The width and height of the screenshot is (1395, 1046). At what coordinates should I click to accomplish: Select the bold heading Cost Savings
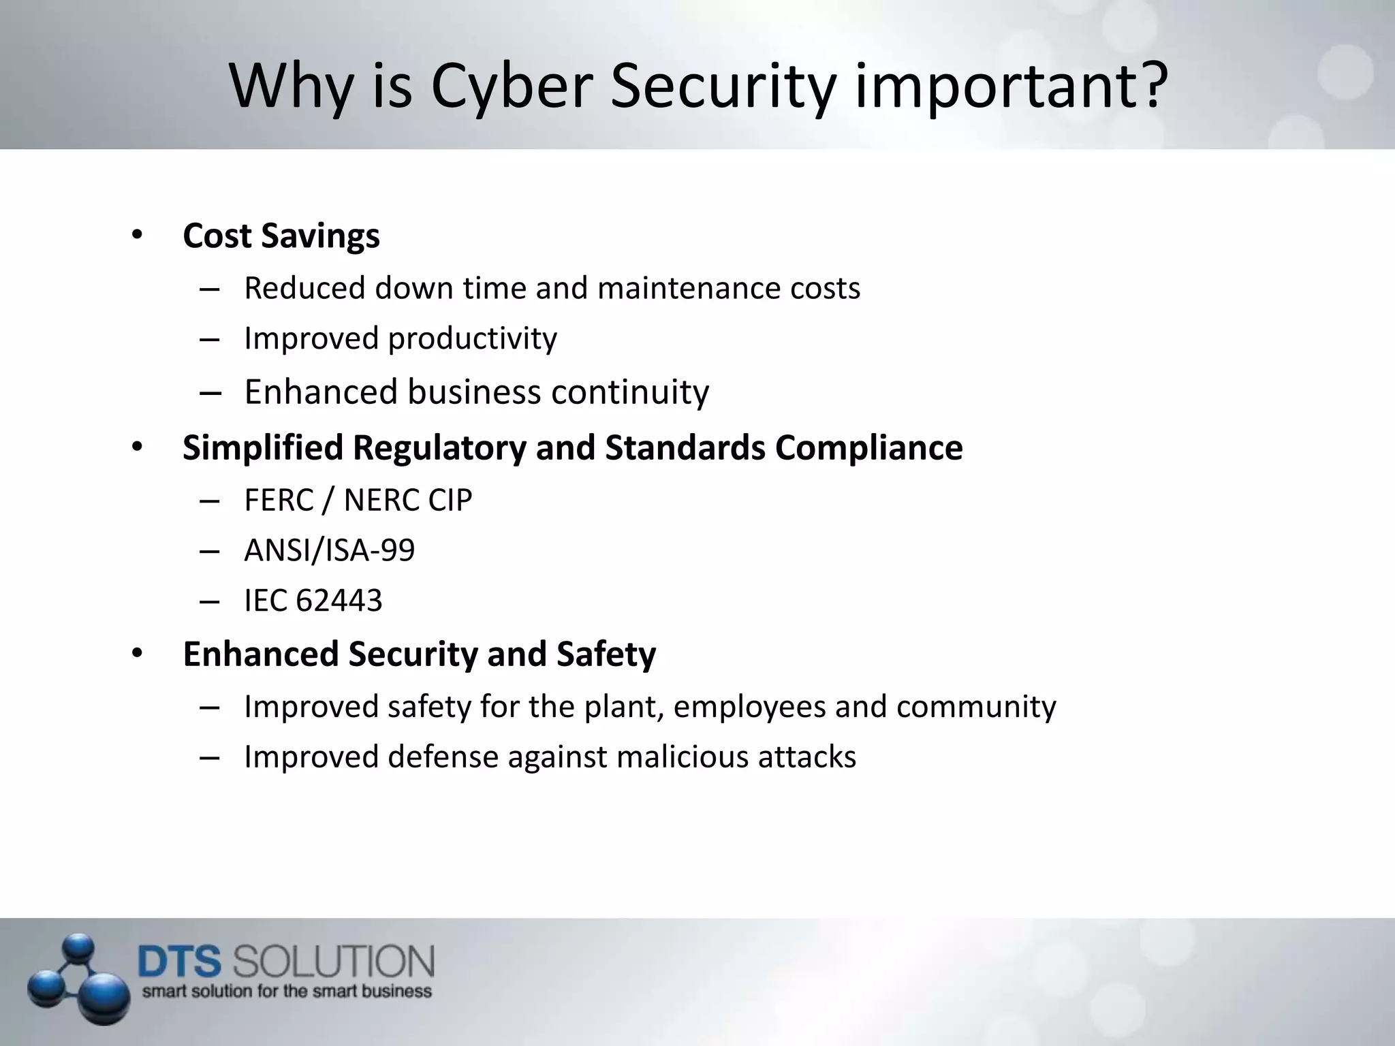click(x=281, y=236)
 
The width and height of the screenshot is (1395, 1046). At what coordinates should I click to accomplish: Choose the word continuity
click(x=630, y=392)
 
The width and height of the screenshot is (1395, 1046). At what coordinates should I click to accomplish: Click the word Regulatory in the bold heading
click(x=439, y=448)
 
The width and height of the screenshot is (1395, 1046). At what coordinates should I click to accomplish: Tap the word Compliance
click(x=868, y=448)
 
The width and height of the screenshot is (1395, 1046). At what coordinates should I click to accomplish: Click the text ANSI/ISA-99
click(x=329, y=550)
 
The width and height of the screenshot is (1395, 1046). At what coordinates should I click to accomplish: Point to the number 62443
click(x=339, y=601)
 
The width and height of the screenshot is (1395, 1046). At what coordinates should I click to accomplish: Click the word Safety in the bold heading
click(x=606, y=654)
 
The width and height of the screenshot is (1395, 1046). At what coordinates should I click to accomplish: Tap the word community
click(x=976, y=707)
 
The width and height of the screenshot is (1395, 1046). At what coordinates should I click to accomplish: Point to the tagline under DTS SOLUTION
click(x=287, y=992)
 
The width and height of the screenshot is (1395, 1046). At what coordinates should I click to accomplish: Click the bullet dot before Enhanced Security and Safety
click(x=137, y=654)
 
